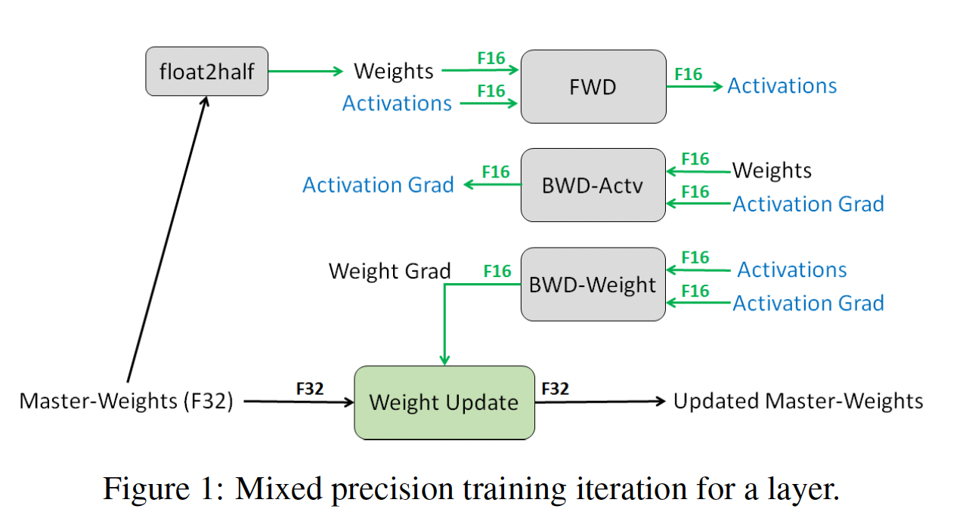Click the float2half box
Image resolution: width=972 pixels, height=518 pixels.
pos(206,72)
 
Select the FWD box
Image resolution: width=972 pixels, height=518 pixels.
pos(593,87)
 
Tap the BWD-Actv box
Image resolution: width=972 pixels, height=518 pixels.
pos(593,185)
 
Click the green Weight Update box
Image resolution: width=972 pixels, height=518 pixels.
pos(444,402)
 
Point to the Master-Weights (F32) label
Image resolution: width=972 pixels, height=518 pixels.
pos(126,400)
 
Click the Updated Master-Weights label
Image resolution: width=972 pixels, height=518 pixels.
pos(798,400)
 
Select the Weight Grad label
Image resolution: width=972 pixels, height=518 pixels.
pos(390,271)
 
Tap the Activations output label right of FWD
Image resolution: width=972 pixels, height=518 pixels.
pos(782,86)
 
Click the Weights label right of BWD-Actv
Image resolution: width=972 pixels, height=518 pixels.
pos(772,171)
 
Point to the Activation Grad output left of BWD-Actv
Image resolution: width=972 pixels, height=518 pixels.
pos(378,185)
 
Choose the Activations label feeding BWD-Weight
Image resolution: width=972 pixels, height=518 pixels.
pos(792,270)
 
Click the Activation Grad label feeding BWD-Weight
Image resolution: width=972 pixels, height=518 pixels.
pos(808,304)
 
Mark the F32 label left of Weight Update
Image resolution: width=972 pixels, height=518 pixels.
pos(310,389)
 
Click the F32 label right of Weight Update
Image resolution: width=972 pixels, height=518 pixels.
pos(555,389)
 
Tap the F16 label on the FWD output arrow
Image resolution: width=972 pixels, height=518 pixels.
pos(688,74)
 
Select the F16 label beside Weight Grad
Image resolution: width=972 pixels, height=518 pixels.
pos(497,271)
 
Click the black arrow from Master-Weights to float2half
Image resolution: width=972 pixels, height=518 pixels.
pos(166,242)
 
